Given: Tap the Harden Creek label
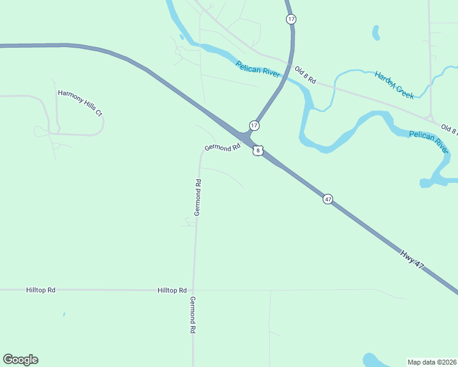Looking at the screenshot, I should tap(395, 84).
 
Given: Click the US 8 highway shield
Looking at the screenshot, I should tap(258, 150).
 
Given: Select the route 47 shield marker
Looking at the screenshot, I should tap(328, 199).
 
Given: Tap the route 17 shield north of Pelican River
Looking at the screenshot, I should tap(291, 20).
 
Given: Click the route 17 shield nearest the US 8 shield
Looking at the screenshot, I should tap(254, 125).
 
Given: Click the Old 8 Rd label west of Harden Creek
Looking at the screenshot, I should tap(304, 75).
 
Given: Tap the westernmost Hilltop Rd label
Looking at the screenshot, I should tap(41, 290).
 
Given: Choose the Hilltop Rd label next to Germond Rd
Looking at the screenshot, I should tap(171, 290).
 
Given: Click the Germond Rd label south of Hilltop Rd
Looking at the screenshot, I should tap(192, 314).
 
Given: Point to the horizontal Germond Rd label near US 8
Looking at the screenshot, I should tap(222, 148).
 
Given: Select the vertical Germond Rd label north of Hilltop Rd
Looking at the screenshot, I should tap(198, 197).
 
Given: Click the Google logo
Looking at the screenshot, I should tap(20, 360).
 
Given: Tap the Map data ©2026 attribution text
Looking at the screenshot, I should tap(431, 362).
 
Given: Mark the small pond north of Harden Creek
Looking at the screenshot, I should tap(375, 32).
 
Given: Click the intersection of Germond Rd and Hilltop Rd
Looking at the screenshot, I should tap(193, 290).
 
